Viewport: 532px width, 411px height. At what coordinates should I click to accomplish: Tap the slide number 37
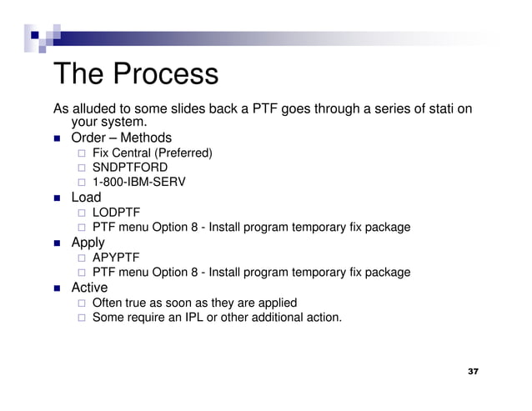tap(473, 370)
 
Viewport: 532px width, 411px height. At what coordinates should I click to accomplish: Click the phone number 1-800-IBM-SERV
tap(138, 182)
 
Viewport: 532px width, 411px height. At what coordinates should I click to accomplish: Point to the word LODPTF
tap(116, 213)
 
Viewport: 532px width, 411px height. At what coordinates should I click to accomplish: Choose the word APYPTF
tap(116, 258)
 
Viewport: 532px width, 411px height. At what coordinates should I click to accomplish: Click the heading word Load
tap(86, 198)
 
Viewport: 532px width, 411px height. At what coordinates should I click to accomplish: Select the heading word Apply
tap(88, 243)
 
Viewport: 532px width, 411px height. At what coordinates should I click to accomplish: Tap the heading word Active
tap(89, 288)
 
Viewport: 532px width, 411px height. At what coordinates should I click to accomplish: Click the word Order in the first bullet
tap(88, 138)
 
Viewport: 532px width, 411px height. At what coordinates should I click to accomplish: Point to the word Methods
tap(146, 138)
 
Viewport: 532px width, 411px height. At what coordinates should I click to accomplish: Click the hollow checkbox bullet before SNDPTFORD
tap(81, 168)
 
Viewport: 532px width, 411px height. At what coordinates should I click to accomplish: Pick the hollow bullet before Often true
tap(81, 303)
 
